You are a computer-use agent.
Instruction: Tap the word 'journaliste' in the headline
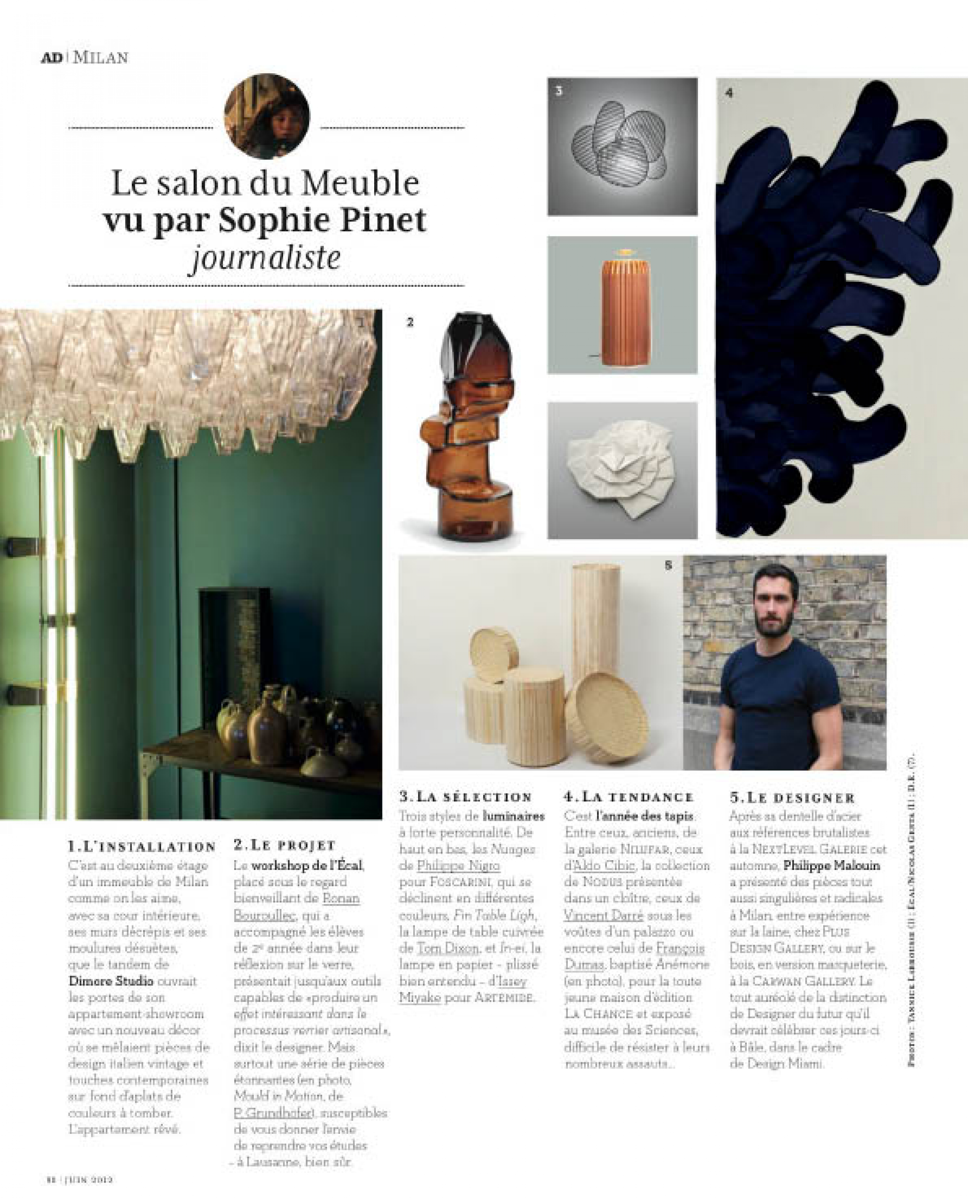[x=266, y=258]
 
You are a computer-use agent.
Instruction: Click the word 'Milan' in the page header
[x=101, y=57]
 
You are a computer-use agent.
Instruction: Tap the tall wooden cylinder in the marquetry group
[x=596, y=619]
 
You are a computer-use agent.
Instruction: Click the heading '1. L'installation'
[x=141, y=846]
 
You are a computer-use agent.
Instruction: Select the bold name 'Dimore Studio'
[x=111, y=980]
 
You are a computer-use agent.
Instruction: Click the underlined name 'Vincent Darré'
[x=604, y=915]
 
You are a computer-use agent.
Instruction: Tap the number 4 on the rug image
[x=729, y=93]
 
